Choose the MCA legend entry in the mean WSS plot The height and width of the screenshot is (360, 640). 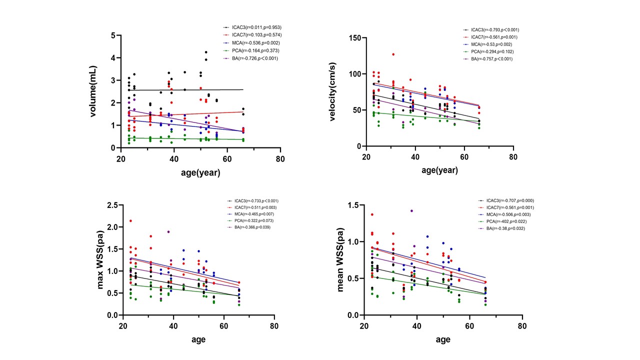(x=500, y=214)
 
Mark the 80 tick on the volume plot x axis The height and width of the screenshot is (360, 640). (x=280, y=159)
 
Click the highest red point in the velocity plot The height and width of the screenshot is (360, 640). (x=393, y=54)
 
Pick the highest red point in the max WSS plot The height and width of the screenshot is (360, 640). (x=130, y=220)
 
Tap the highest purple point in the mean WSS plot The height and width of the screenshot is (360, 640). (x=411, y=211)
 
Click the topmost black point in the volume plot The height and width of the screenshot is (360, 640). (x=205, y=52)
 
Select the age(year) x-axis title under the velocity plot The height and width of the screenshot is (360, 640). (x=439, y=170)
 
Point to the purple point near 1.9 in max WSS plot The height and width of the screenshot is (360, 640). (x=168, y=231)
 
